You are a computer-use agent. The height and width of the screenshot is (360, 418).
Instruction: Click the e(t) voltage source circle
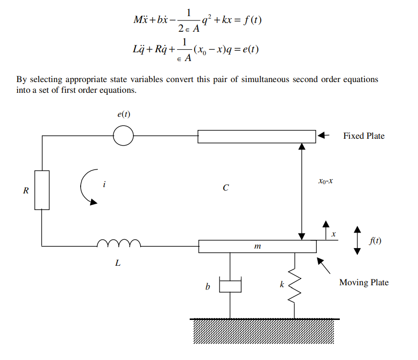123,136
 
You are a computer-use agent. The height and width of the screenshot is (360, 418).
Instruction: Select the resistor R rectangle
42,190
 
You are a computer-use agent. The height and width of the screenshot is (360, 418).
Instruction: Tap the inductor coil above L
119,243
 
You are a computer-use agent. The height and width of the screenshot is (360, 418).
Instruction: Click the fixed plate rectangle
257,136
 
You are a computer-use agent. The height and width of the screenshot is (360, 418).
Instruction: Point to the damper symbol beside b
230,286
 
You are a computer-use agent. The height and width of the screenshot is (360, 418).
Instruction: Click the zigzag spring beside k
294,285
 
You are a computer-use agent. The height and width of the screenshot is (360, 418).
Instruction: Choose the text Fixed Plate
364,136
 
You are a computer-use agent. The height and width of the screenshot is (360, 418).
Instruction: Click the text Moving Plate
364,282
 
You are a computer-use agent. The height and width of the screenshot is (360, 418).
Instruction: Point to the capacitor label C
225,188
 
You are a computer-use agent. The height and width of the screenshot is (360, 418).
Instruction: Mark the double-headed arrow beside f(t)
357,240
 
